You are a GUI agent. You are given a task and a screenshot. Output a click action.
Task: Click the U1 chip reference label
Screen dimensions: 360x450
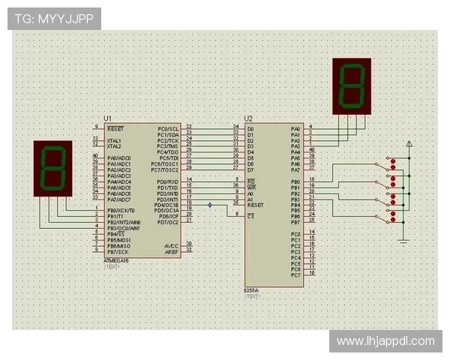coord(108,119)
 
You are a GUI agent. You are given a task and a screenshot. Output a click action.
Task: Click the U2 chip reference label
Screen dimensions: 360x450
coord(249,119)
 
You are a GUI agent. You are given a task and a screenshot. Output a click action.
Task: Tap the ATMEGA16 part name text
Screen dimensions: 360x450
coord(117,260)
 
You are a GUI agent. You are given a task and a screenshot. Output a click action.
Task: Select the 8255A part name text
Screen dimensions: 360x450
coord(252,289)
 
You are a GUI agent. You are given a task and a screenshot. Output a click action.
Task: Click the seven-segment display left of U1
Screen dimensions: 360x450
coord(52,169)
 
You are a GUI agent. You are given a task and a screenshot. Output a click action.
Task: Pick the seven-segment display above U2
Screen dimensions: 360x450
coord(352,85)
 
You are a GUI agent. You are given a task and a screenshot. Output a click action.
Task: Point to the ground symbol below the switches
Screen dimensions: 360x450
coord(404,239)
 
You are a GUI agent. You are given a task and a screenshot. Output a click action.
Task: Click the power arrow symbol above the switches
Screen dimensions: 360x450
coord(409,143)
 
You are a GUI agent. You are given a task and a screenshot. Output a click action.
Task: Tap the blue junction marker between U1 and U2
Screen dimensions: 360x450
coord(210,205)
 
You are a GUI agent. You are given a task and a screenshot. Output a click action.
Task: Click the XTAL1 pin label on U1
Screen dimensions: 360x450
coord(114,140)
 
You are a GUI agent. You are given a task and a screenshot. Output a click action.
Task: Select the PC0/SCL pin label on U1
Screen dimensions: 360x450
coord(168,129)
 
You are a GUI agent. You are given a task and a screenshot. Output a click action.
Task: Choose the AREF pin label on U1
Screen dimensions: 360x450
coord(172,252)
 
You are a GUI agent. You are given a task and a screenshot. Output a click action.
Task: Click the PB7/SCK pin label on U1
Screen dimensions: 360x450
coord(118,252)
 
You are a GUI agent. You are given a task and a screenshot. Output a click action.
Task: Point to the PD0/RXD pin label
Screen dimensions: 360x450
coord(167,182)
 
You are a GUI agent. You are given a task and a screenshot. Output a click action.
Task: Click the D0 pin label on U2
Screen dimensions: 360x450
coord(250,129)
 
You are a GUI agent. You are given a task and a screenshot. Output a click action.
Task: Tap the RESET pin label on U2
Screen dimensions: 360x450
coord(255,204)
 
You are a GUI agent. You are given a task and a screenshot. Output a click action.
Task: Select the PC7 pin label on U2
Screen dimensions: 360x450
coord(295,274)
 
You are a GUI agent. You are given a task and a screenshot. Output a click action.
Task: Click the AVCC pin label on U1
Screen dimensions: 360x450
coord(172,246)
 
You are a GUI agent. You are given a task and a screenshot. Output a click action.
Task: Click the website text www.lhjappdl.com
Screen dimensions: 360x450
coord(385,341)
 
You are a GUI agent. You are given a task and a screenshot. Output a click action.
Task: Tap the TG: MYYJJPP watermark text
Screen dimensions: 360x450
coord(53,19)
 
